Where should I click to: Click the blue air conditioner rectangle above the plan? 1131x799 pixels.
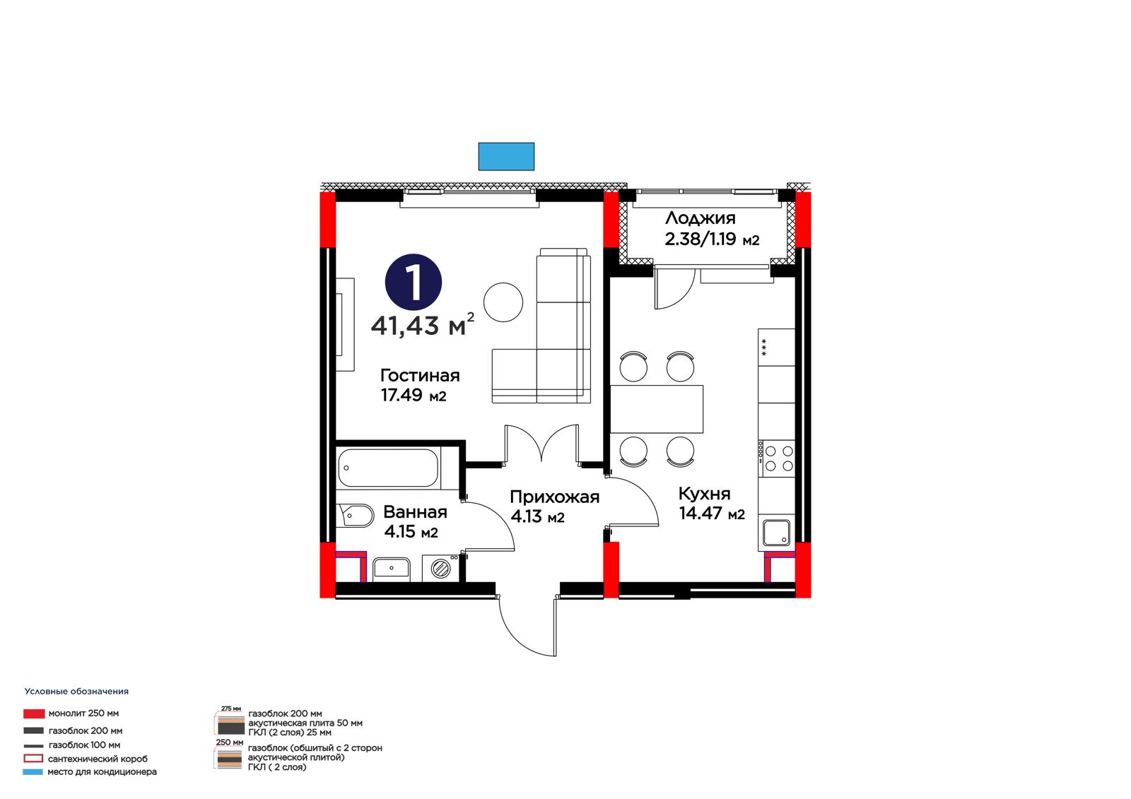[506, 156]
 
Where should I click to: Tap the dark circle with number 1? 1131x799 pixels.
[413, 282]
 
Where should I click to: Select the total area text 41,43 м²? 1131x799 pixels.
[423, 324]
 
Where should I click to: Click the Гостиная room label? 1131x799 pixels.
[420, 376]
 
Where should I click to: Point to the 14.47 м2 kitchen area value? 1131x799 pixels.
[711, 514]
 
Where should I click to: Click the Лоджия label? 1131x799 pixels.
[700, 218]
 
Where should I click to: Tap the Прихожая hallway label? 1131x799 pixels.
[554, 497]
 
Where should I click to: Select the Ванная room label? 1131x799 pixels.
[415, 512]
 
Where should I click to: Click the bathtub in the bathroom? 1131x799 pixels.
[388, 468]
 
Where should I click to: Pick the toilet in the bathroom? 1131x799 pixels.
[356, 516]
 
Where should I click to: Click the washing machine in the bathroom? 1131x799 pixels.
[440, 568]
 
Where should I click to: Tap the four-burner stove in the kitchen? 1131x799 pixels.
[776, 458]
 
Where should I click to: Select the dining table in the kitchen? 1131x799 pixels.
[657, 409]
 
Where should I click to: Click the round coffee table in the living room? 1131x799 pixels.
[503, 302]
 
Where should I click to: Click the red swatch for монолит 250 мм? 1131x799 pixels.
[34, 714]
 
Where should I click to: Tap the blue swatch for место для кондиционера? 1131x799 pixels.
[33, 771]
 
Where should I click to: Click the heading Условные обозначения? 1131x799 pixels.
[76, 692]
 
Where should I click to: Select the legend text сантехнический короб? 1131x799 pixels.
[98, 759]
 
